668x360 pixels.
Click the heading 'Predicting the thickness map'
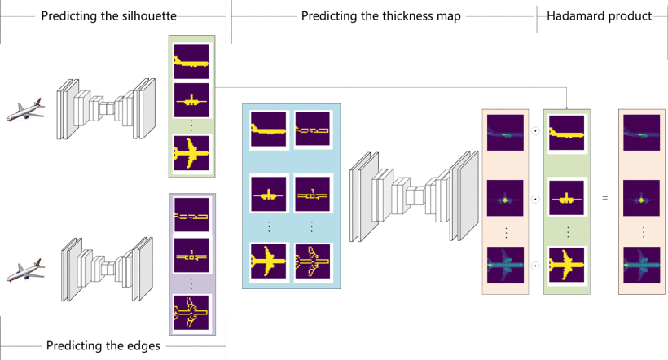tap(381, 16)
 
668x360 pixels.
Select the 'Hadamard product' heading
tap(600, 16)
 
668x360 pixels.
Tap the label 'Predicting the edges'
tap(103, 345)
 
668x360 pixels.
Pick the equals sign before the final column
tap(604, 198)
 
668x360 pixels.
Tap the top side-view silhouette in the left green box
tap(191, 61)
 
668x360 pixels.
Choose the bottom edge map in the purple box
tap(191, 311)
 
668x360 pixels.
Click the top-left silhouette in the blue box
tap(268, 130)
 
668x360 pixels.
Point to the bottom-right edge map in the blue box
tap(312, 261)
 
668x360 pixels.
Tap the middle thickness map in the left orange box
tap(504, 198)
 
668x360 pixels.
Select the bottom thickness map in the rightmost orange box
tap(641, 265)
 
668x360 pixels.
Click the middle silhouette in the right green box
tap(565, 198)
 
